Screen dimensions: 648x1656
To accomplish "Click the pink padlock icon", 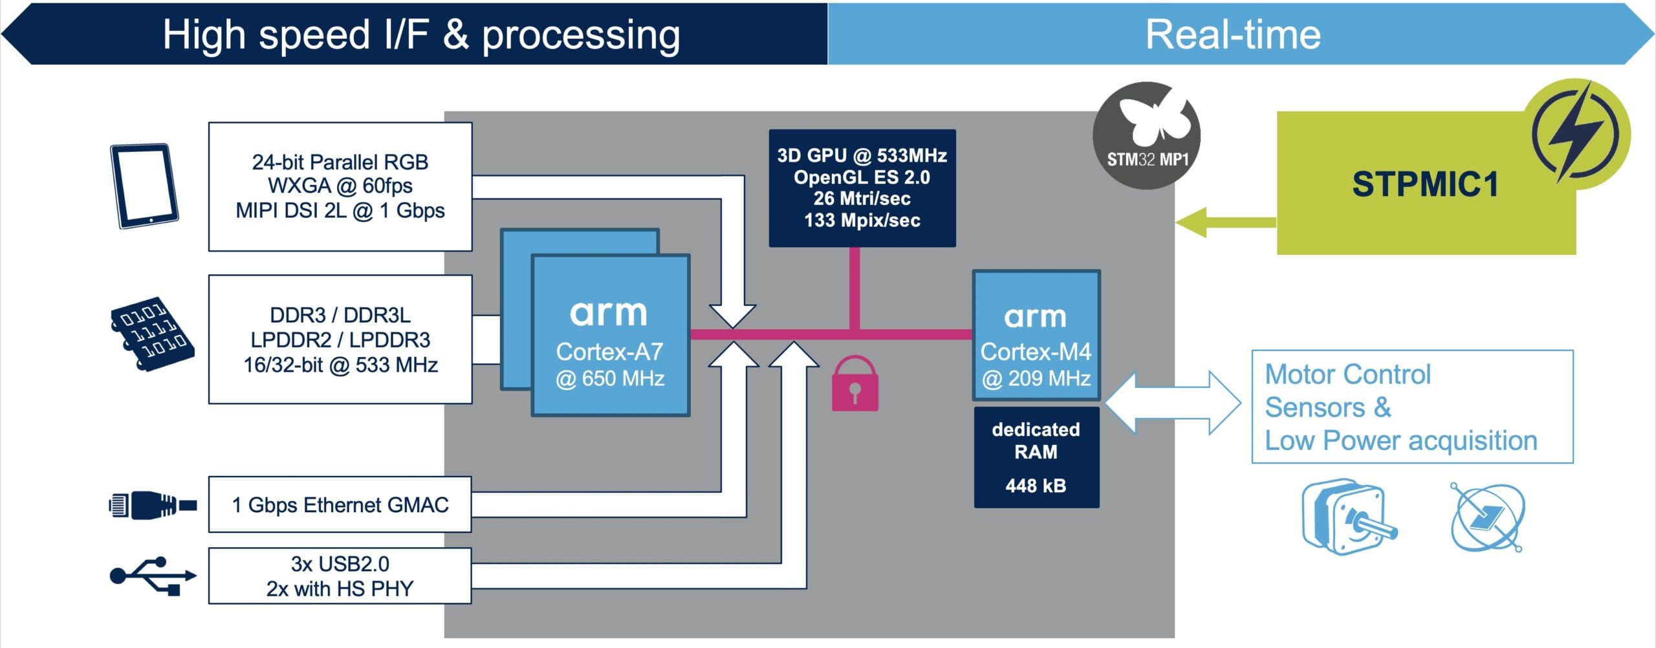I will tap(855, 385).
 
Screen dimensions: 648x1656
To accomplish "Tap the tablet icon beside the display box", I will tap(144, 186).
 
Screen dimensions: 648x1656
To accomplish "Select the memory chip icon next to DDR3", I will tap(152, 334).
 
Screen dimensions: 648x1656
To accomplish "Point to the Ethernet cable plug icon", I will tap(153, 504).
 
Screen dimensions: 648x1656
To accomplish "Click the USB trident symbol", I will tap(153, 576).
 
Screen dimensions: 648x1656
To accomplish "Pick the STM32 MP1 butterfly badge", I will tap(1146, 135).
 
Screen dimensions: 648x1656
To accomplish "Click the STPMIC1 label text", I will tap(1425, 184).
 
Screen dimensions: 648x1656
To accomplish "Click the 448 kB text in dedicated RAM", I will tap(1036, 486).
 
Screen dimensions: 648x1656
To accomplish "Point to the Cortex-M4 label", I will tap(1036, 352).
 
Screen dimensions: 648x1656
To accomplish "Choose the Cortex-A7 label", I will tap(609, 352).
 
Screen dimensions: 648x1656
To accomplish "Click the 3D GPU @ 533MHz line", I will tap(862, 156).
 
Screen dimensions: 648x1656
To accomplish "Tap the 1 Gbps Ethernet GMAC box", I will tap(340, 504).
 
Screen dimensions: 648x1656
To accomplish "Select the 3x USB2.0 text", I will tap(340, 564).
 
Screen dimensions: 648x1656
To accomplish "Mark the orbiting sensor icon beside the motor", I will tap(1487, 518).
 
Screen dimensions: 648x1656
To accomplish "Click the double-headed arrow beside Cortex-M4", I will tap(1173, 402).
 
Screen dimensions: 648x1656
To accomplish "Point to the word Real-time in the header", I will tap(1233, 34).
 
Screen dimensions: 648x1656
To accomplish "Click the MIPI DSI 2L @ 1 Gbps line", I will tap(340, 211).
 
